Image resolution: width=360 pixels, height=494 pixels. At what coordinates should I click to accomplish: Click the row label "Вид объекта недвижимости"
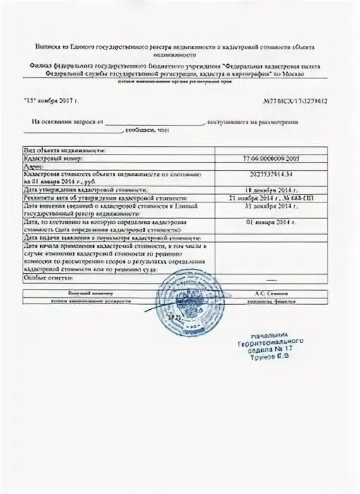[x=65, y=150]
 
